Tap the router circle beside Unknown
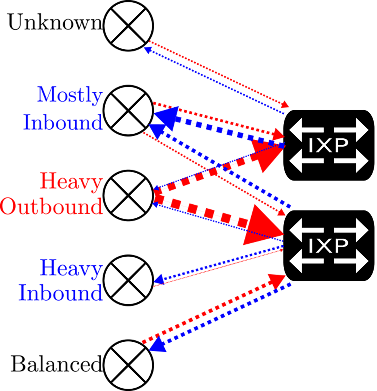point(128,25)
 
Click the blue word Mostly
point(70,95)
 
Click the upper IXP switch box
point(328,145)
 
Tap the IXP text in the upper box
point(328,146)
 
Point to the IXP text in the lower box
point(328,246)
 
